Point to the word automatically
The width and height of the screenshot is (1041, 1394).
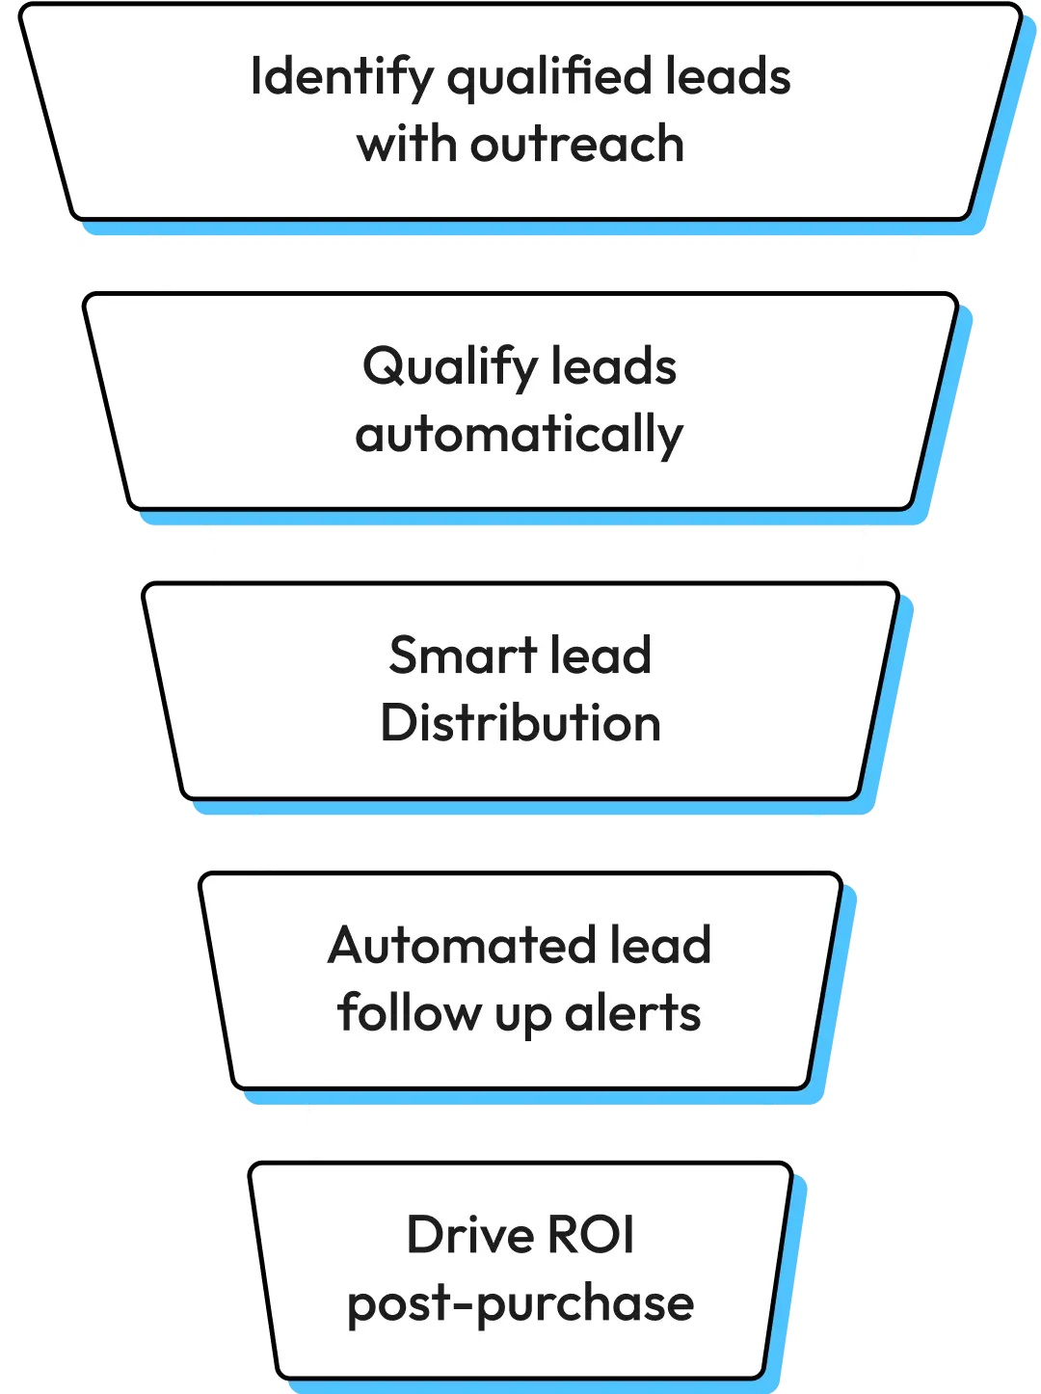(519, 436)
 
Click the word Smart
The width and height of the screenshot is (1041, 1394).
(448, 656)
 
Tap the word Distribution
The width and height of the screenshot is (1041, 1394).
(520, 723)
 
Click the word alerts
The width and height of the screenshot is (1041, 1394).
(632, 1013)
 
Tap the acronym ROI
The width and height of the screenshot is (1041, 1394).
(592, 1235)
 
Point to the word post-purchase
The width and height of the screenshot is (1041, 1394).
(520, 1304)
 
